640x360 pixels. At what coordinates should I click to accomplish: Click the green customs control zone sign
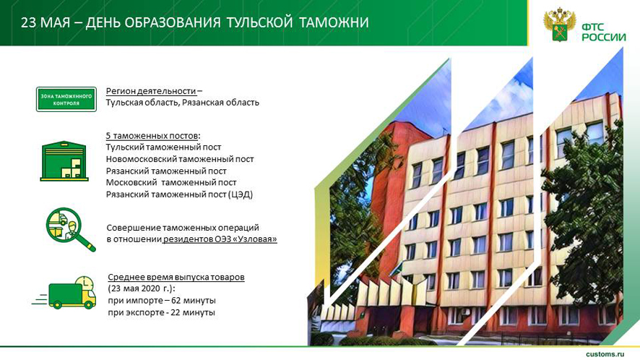click(x=66, y=99)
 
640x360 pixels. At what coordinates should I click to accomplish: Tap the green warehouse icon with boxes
click(x=64, y=161)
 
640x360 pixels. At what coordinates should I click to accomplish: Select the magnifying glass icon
click(x=70, y=229)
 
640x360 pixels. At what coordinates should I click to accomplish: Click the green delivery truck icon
click(x=65, y=292)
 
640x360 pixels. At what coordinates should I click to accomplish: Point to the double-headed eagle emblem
click(x=560, y=25)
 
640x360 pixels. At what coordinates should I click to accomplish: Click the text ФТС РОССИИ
click(x=604, y=33)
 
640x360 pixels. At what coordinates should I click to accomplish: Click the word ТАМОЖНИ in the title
click(x=334, y=22)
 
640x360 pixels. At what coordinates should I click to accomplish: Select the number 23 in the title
click(x=29, y=22)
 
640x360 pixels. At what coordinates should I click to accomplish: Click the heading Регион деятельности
click(x=151, y=90)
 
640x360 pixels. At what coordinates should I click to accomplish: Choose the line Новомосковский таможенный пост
click(x=180, y=159)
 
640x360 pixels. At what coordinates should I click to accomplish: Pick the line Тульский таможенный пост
click(x=164, y=147)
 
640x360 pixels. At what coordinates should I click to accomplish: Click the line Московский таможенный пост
click(x=171, y=182)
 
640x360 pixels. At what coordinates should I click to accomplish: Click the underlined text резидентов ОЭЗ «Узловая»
click(x=220, y=239)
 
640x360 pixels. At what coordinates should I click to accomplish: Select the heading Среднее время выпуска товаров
click(x=176, y=277)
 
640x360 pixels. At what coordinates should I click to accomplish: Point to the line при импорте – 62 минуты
click(x=162, y=300)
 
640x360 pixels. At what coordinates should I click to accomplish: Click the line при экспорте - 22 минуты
click(x=161, y=312)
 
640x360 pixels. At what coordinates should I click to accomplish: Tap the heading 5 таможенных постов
click(x=152, y=136)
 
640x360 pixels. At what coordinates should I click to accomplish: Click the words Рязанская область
click(x=220, y=103)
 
